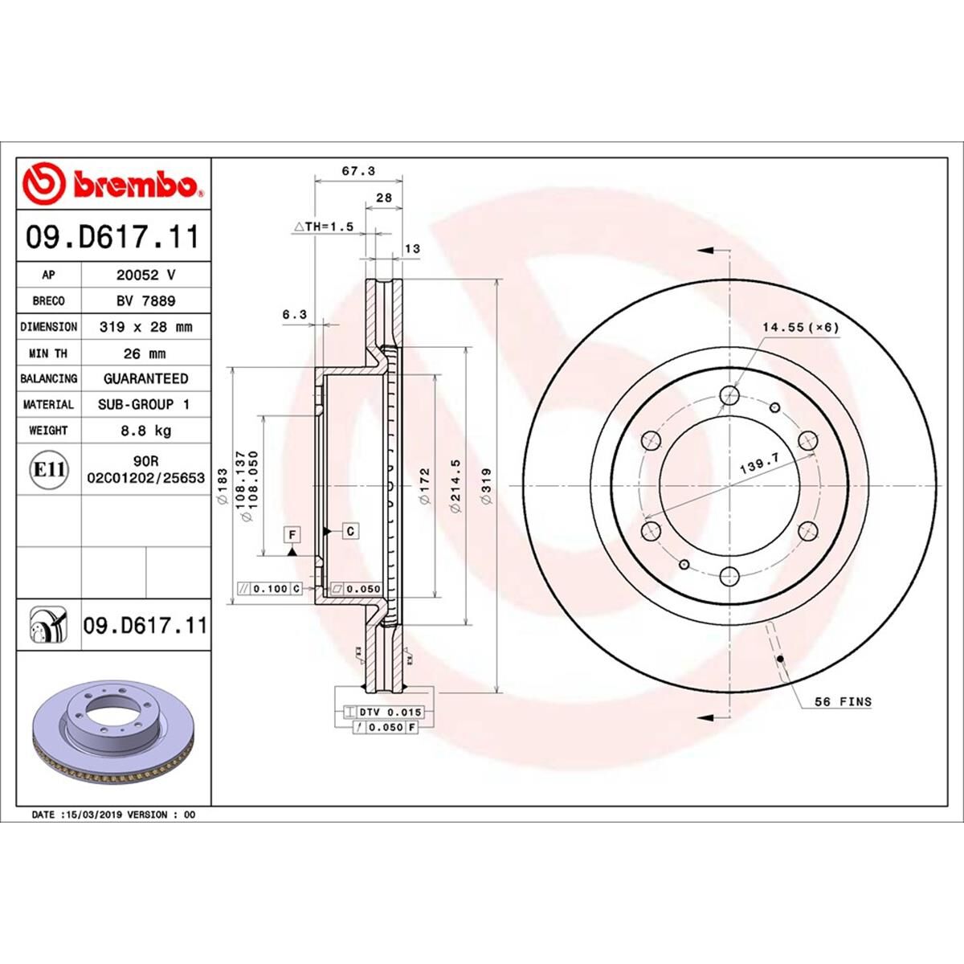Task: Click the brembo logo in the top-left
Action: (x=113, y=185)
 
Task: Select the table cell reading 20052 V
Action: (x=145, y=275)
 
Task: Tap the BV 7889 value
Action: (x=145, y=300)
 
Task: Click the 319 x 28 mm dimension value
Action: (x=145, y=327)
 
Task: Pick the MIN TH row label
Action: (x=49, y=353)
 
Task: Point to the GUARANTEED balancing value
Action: (x=145, y=378)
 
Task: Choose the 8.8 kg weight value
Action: (x=145, y=431)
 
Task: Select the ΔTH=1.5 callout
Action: (x=324, y=227)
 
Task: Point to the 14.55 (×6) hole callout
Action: (x=800, y=327)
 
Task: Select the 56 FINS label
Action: (x=843, y=701)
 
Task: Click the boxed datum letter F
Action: (x=292, y=533)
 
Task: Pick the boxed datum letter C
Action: (x=351, y=531)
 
